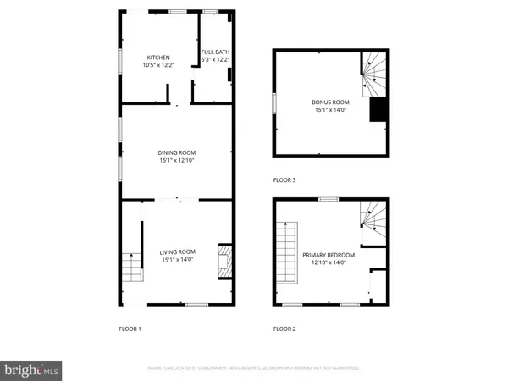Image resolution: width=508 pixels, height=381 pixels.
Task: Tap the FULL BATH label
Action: [215, 52]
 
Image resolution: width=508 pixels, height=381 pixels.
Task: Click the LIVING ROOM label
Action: [178, 251]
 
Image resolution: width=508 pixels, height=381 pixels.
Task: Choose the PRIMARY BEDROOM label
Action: [329, 255]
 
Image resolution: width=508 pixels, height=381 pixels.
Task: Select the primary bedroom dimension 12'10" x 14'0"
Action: [329, 262]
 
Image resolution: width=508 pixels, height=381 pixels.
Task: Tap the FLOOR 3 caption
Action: [284, 179]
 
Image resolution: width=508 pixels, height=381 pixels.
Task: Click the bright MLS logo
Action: [32, 368]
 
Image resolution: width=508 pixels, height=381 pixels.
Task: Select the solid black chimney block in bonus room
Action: [378, 110]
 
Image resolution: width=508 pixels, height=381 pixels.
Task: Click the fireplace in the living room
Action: [224, 262]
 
